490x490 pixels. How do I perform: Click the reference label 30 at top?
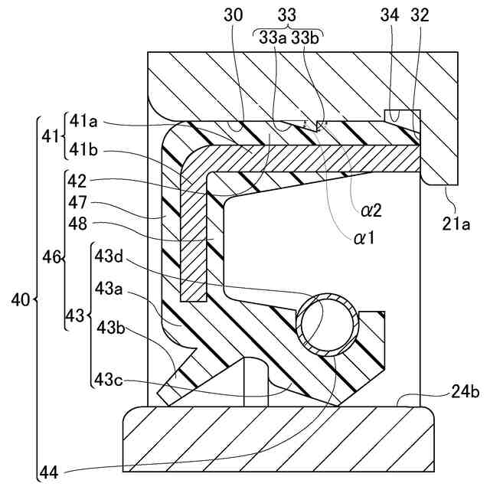tap(235, 15)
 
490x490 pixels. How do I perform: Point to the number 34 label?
tap(390, 15)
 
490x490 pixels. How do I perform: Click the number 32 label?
tap(420, 15)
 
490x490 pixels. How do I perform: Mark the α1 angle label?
tap(364, 238)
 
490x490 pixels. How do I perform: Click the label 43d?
tap(109, 256)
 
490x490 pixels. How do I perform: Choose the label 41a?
tap(85, 121)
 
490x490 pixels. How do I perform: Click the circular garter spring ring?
tap(328, 324)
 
